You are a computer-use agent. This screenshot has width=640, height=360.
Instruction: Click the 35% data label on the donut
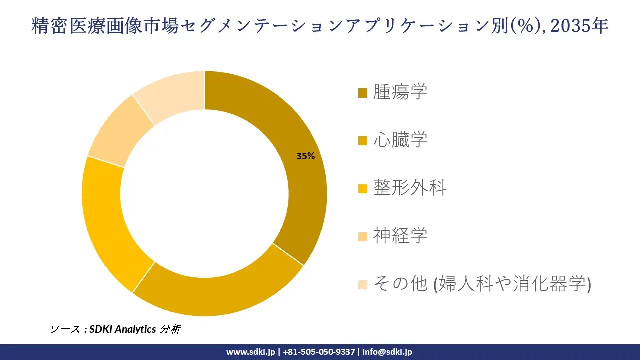pyautogui.click(x=305, y=156)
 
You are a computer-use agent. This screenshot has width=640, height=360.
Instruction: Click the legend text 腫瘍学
pyautogui.click(x=400, y=92)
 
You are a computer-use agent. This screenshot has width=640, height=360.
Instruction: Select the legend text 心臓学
pyautogui.click(x=400, y=140)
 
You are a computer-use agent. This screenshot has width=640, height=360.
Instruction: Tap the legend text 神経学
pyautogui.click(x=400, y=236)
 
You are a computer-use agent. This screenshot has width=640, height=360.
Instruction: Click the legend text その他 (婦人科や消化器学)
pyautogui.click(x=482, y=284)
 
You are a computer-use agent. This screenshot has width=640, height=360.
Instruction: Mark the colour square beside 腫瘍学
pyautogui.click(x=363, y=93)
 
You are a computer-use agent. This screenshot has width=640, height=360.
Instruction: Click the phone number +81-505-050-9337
pyautogui.click(x=319, y=352)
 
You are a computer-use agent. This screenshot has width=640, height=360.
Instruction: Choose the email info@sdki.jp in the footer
pyautogui.click(x=387, y=352)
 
